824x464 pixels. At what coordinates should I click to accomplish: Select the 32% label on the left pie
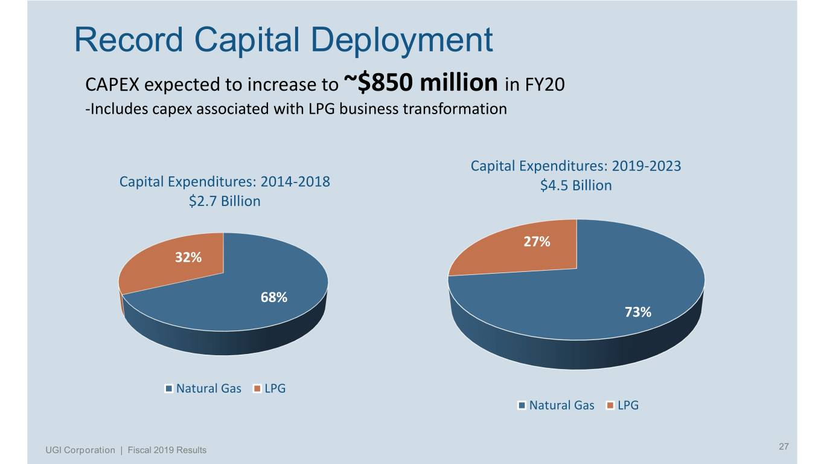(x=188, y=257)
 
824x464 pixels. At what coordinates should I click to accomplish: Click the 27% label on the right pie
(x=536, y=242)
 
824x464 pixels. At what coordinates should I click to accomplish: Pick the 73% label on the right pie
(x=637, y=312)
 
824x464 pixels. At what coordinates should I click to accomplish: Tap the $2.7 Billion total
(x=225, y=201)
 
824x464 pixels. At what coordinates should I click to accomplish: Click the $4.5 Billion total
(x=576, y=185)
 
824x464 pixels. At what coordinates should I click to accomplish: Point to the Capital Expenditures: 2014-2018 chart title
(x=225, y=182)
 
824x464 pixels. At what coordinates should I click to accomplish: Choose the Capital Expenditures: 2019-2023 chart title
(x=576, y=166)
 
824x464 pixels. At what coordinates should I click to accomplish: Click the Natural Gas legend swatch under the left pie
(x=170, y=388)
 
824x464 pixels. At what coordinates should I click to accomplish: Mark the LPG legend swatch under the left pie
(x=258, y=388)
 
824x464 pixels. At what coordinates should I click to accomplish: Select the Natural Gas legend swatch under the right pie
(x=523, y=405)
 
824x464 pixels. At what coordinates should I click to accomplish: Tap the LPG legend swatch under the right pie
(x=611, y=405)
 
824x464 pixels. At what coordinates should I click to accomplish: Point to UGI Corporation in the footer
(x=80, y=450)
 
